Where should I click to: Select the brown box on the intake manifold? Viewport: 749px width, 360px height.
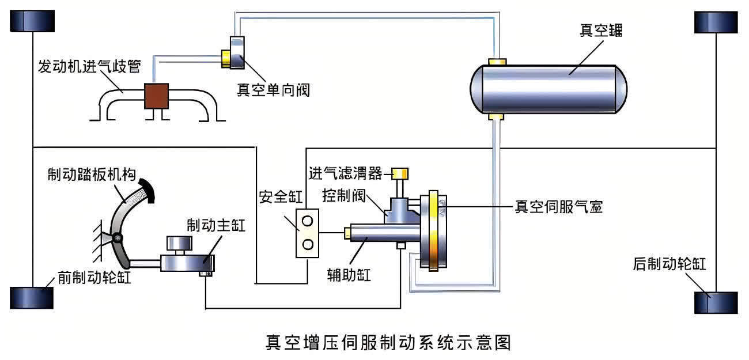[156, 96]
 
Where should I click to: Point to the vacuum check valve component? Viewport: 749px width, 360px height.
[236, 53]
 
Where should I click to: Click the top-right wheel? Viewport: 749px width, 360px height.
[716, 21]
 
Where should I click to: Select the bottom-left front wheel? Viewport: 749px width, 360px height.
[32, 297]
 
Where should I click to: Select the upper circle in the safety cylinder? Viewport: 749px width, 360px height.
[308, 220]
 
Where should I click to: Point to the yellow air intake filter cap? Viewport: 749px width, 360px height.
[400, 173]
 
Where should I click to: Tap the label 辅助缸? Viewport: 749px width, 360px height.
[346, 274]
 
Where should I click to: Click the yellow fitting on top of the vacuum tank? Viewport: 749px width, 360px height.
[496, 61]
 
